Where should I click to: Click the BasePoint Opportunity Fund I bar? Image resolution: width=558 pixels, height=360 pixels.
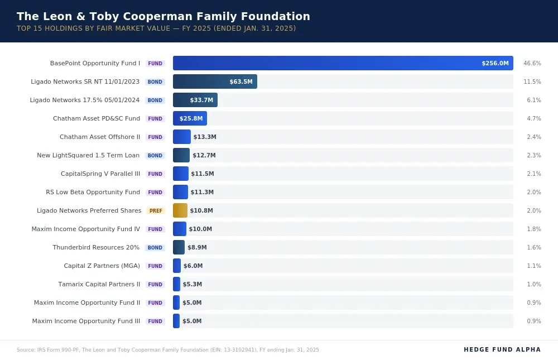tap(343, 63)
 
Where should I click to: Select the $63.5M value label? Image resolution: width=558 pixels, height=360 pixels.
tap(240, 82)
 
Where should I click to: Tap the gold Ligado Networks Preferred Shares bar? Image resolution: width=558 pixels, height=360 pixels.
tap(180, 210)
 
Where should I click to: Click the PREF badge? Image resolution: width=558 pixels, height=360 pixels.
tap(156, 211)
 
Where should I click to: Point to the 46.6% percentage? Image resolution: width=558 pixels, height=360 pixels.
tap(532, 64)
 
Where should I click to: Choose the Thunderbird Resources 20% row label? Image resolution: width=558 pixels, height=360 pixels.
tap(96, 247)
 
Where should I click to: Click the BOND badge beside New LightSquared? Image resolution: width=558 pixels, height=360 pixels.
tap(155, 156)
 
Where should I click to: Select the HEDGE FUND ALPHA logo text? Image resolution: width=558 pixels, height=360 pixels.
tap(502, 349)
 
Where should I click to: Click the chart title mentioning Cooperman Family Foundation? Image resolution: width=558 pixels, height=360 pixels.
tap(163, 16)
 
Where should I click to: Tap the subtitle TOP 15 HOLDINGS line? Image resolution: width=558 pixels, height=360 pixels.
tap(156, 28)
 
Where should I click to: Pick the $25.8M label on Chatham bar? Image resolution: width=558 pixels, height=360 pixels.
tap(191, 119)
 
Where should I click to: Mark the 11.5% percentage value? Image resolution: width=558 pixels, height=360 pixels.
tap(532, 82)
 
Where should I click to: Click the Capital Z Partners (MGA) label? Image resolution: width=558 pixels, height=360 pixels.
tap(102, 266)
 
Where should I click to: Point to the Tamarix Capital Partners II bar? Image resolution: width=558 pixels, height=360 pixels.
tap(176, 284)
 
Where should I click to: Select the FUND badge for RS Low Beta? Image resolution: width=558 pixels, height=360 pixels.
tap(155, 193)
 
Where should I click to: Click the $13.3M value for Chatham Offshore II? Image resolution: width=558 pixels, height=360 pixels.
tap(204, 137)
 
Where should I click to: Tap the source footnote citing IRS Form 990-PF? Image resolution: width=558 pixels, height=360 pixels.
tap(167, 350)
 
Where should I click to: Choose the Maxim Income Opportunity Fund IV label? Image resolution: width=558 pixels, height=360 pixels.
tap(85, 229)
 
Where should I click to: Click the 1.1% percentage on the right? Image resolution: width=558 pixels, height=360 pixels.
tap(533, 266)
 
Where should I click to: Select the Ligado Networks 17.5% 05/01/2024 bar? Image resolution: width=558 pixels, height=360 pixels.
tap(195, 100)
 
